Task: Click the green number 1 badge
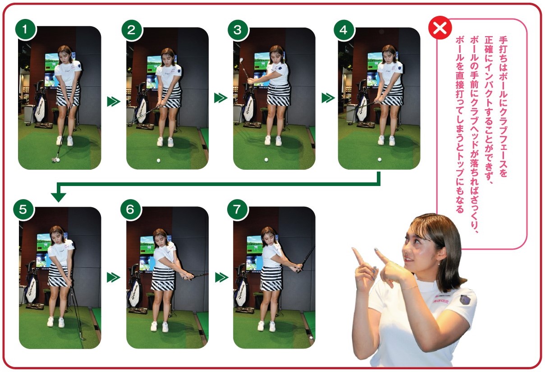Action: (25, 30)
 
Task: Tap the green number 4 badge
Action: (343, 30)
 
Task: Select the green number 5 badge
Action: (23, 209)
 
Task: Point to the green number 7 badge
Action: (237, 209)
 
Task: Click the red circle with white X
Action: (440, 28)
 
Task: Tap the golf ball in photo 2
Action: (159, 161)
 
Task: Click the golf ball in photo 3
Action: (266, 160)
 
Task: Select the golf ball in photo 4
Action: (379, 159)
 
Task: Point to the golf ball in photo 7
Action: (311, 338)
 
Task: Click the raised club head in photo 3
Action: (241, 60)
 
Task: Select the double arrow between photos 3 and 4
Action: (328, 98)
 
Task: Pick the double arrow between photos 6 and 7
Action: (222, 277)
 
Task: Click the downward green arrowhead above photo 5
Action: (59, 197)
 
